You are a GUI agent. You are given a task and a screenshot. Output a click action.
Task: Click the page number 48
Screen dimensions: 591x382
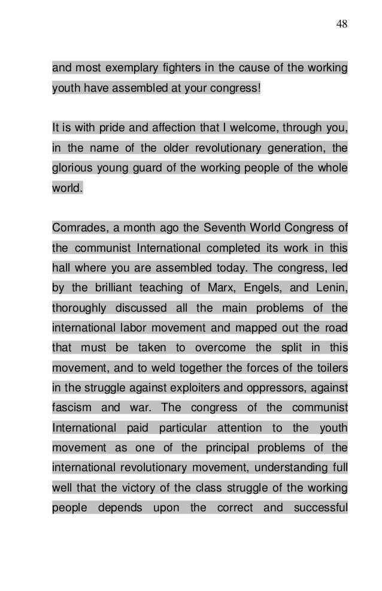tap(342, 24)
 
